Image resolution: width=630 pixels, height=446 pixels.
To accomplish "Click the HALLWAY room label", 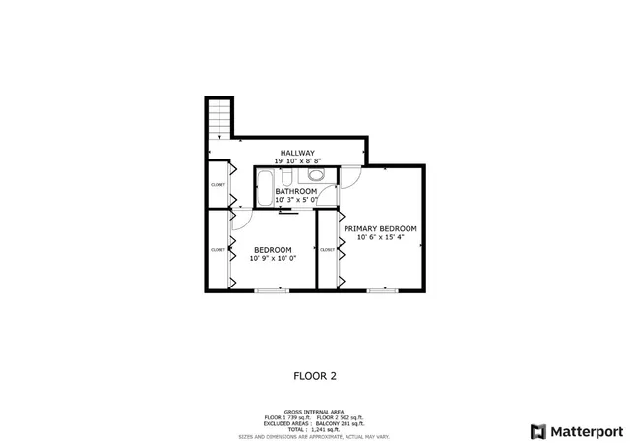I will click(297, 153).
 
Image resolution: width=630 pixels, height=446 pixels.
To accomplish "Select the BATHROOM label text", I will click(296, 191).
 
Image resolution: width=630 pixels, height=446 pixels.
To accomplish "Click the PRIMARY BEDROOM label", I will click(380, 228).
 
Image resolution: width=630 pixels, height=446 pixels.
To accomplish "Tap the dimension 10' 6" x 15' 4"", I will click(380, 237).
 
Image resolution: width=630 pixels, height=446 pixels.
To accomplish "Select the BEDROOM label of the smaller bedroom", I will click(273, 250).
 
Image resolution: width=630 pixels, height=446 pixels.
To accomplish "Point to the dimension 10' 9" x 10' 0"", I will click(273, 259).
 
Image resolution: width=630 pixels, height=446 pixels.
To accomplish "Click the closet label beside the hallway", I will click(218, 184).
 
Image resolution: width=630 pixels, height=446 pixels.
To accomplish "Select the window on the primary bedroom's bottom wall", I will click(382, 290).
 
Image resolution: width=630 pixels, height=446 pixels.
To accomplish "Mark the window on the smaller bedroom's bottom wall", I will click(271, 290).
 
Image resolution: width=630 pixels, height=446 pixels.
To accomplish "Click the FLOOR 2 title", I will click(315, 375).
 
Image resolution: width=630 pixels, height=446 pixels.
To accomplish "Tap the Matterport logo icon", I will click(536, 431).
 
